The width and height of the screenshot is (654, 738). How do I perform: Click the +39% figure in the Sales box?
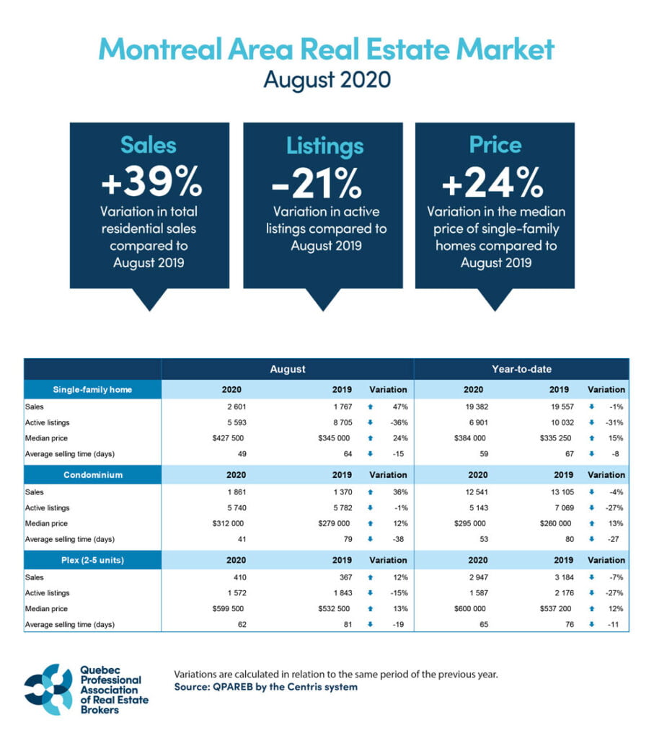pos(150,184)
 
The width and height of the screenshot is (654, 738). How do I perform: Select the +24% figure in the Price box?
pos(492,184)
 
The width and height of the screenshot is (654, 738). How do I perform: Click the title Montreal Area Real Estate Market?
pos(327,50)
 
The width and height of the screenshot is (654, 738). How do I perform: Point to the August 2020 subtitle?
pos(327,79)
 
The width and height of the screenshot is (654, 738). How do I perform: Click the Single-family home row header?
pos(92,390)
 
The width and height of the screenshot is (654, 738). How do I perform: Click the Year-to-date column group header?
pos(521,369)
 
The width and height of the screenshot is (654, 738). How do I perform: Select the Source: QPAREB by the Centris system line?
pos(265,688)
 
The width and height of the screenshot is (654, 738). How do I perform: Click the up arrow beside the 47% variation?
pos(369,406)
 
